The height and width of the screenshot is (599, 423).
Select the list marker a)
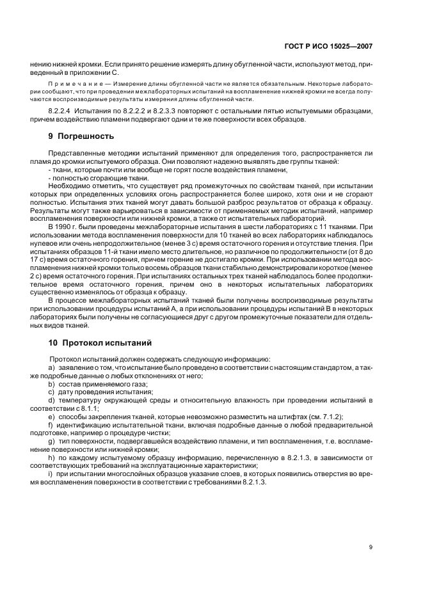coord(52,367)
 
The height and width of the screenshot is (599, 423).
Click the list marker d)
coord(52,400)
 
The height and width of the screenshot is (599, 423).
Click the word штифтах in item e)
coord(288,416)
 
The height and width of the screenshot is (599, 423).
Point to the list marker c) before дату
coord(51,392)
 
